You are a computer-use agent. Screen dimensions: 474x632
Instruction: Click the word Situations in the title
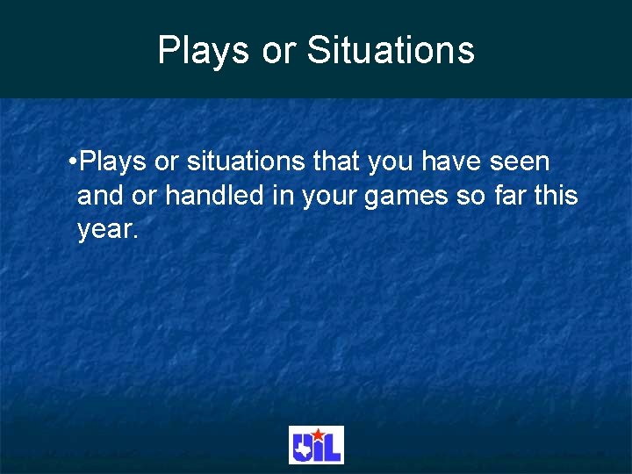[x=391, y=50]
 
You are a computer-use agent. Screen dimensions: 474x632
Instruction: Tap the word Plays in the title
[x=205, y=50]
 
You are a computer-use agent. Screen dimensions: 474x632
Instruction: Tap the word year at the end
[x=105, y=230]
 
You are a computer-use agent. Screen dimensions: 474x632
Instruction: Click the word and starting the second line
[x=97, y=196]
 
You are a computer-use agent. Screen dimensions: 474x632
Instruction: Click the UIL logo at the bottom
[x=316, y=445]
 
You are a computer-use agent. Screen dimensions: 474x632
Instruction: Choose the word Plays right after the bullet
[x=113, y=162]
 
